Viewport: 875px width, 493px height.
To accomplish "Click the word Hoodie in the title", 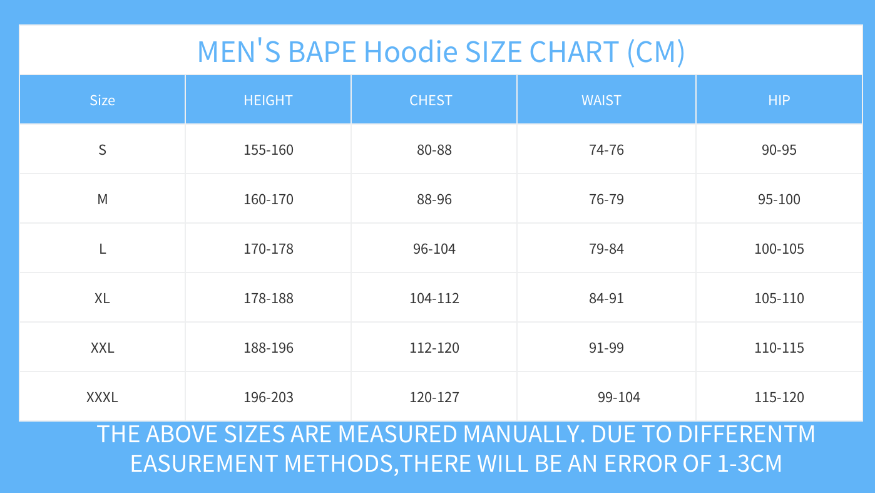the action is click(x=411, y=51).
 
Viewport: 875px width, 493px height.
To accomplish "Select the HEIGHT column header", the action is click(x=268, y=100).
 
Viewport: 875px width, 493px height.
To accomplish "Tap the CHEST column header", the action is click(x=431, y=100).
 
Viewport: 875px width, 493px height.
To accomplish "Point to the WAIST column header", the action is click(x=601, y=100).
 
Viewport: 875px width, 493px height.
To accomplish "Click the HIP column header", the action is click(x=779, y=100).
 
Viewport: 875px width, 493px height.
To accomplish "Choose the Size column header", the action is click(x=103, y=100).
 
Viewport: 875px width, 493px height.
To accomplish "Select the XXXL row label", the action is click(x=102, y=397).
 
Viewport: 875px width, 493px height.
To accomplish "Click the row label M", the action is click(x=103, y=199).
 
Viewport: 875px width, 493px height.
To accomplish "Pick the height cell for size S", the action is click(x=269, y=150).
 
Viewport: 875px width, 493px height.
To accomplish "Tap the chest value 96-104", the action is click(x=434, y=249).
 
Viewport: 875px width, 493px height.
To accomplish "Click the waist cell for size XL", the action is click(x=606, y=298).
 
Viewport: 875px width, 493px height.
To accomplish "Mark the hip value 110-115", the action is click(x=779, y=348).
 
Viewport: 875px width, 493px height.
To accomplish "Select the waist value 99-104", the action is click(x=619, y=397).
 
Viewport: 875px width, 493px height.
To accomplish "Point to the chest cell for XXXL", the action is click(x=434, y=397).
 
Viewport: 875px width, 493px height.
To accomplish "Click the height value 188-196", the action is click(x=269, y=348).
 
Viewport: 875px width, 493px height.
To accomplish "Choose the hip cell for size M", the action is click(x=779, y=199).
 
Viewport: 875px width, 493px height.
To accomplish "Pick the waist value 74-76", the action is click(x=606, y=150).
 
